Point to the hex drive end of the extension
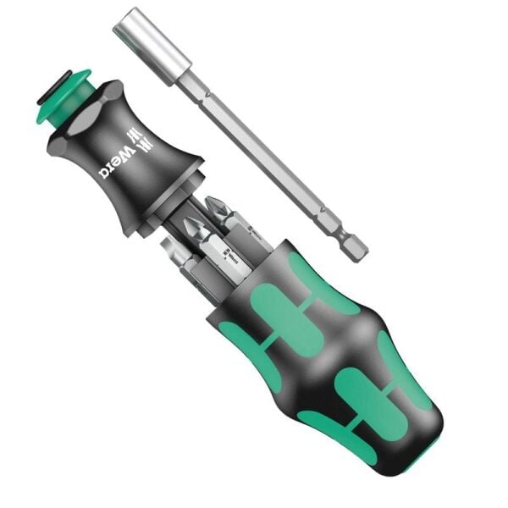click(356, 246)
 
